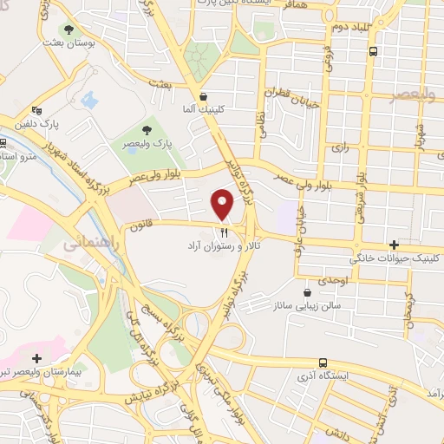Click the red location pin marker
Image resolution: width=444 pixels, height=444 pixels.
click(223, 206)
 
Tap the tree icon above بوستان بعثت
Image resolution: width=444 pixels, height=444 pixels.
click(69, 30)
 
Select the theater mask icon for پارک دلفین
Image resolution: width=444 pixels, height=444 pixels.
click(36, 110)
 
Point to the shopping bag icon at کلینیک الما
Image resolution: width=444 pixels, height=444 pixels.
click(203, 96)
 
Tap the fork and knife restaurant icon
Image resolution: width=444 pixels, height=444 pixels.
click(223, 232)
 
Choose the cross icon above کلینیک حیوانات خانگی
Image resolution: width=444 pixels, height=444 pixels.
click(395, 245)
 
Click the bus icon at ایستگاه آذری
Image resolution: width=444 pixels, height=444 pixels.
click(323, 362)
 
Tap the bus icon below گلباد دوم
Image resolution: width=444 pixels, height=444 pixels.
click(373, 51)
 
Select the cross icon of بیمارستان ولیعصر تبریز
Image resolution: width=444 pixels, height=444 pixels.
click(36, 357)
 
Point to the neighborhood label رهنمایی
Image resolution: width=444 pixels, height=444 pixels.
click(89, 246)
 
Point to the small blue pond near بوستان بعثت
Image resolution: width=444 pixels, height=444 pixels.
click(90, 99)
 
